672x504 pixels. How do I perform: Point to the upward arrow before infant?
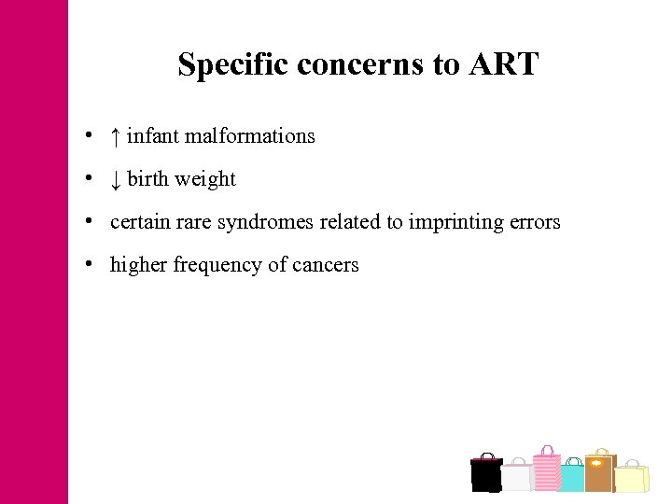coord(115,136)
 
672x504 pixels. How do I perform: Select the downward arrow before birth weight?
coord(115,179)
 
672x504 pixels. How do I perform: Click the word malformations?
coord(250,136)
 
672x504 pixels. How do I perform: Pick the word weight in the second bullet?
coord(210,179)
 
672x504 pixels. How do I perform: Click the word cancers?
coord(326,265)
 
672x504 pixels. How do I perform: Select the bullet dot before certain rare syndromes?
coord(86,222)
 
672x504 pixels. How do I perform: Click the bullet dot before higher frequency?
coord(86,265)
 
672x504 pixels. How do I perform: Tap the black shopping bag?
coord(486,474)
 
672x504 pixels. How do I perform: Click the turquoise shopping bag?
coord(572,477)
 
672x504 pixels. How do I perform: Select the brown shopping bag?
coord(599,472)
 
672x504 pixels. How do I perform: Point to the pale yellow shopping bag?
coord(632,478)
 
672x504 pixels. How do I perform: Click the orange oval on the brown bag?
coord(596,461)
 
